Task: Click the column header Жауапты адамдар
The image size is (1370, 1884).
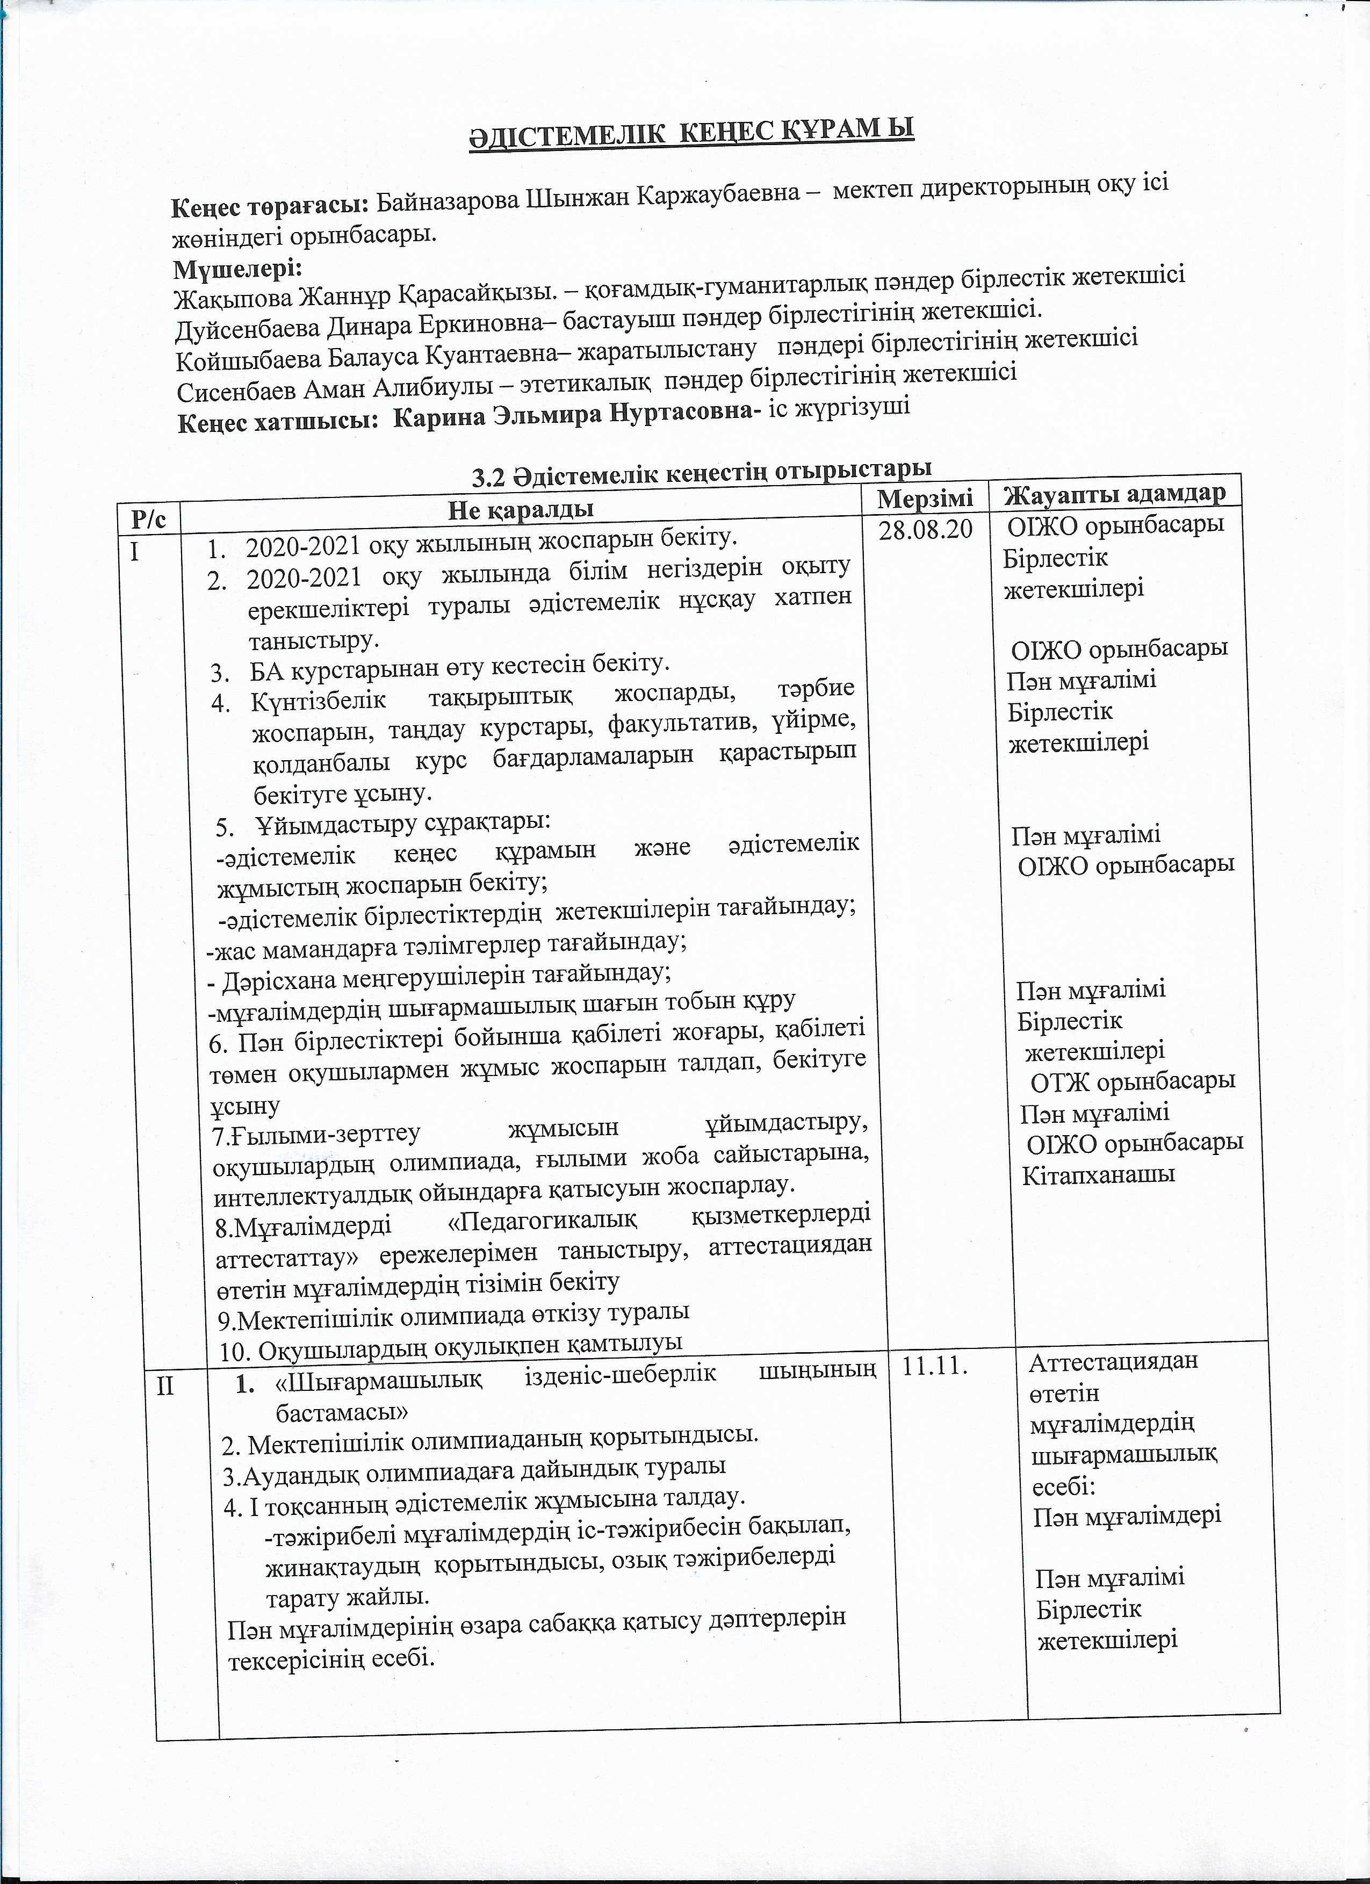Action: coord(1115,493)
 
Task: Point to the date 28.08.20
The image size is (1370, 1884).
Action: coord(925,529)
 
